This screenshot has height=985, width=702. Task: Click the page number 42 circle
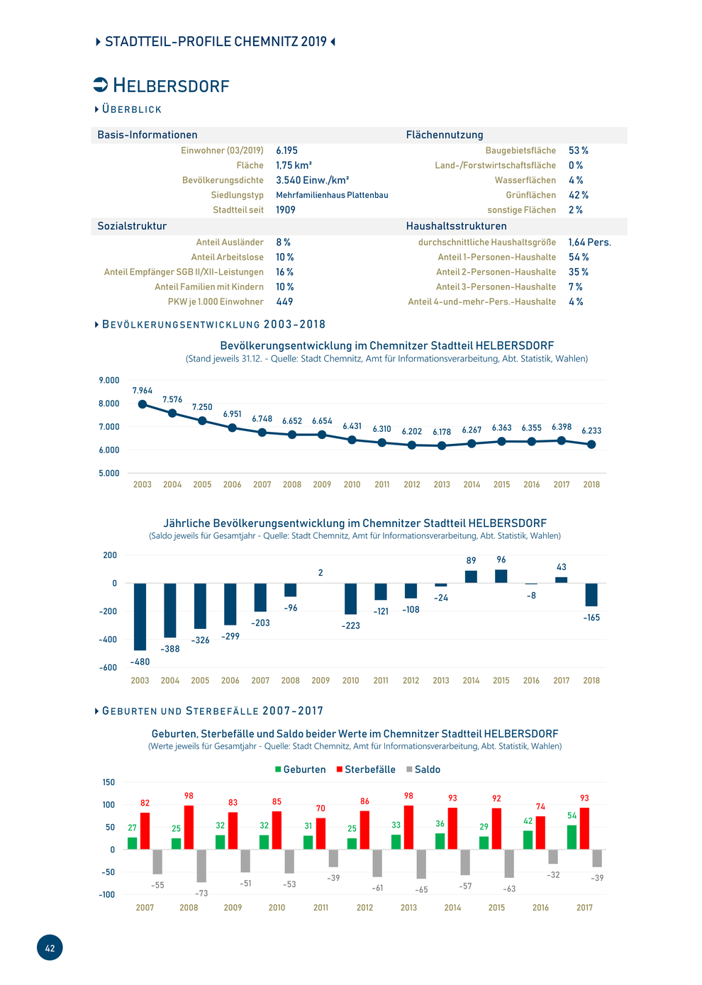tap(50, 947)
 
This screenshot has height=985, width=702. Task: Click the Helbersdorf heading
tap(171, 85)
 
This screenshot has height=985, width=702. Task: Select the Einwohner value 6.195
tap(286, 150)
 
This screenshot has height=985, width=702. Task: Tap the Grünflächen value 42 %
tap(578, 195)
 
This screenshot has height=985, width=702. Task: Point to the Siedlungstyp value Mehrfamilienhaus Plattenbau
tap(332, 195)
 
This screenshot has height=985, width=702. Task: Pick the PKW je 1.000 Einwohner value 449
tap(284, 301)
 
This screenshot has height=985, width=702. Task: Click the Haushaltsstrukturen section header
tap(456, 226)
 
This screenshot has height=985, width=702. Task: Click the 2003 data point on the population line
tap(143, 404)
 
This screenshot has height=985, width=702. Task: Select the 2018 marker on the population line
tap(591, 445)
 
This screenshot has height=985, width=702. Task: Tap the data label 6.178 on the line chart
tap(441, 432)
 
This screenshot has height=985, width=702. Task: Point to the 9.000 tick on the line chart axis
tap(109, 380)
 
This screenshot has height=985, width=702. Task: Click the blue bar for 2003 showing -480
tap(140, 616)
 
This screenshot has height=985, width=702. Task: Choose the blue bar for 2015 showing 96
tap(501, 577)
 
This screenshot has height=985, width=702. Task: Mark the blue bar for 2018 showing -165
tap(591, 595)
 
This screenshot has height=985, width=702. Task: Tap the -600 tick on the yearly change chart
tap(108, 667)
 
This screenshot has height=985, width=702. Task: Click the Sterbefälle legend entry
tap(366, 769)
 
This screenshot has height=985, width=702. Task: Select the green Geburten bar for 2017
tap(572, 837)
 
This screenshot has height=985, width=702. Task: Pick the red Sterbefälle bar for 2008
tap(189, 827)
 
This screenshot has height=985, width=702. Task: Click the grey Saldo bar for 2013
tap(421, 864)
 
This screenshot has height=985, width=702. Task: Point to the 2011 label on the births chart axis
tap(321, 907)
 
